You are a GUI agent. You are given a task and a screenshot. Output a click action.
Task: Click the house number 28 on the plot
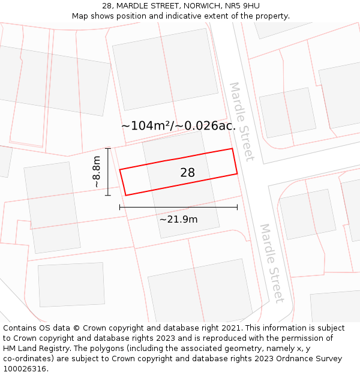(x=187, y=173)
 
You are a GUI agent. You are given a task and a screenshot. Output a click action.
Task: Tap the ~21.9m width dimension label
(x=178, y=220)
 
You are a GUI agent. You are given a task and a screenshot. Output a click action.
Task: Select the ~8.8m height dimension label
(x=97, y=172)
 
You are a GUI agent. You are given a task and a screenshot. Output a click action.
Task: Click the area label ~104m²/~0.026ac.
(x=178, y=126)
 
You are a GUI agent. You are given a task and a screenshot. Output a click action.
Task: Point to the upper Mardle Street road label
(x=242, y=122)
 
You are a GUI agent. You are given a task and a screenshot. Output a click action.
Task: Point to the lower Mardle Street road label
(x=271, y=263)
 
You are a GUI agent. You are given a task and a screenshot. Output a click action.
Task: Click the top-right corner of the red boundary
(x=232, y=149)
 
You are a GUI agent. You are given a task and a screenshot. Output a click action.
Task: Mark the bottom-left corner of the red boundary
(x=126, y=194)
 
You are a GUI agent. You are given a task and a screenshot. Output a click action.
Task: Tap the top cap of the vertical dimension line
(x=108, y=148)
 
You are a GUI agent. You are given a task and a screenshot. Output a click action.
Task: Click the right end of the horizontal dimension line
(x=237, y=207)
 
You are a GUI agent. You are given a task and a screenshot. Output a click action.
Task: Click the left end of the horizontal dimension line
(x=120, y=207)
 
